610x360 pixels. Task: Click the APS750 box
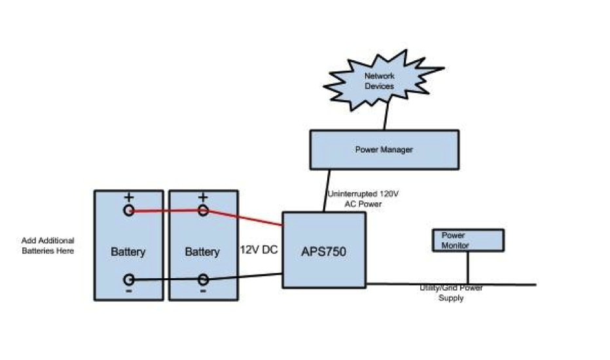point(324,250)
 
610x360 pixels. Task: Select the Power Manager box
point(384,150)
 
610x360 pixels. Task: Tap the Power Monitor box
point(468,240)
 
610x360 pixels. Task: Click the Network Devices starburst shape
point(383,81)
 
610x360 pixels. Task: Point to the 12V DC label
point(259,250)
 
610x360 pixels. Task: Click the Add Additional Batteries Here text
point(48,245)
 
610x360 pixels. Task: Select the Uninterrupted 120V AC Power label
point(363,199)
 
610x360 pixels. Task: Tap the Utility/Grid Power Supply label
point(451,293)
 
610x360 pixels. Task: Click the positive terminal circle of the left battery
point(129,211)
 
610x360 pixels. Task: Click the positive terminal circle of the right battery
point(203,211)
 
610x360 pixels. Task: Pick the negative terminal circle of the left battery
point(129,279)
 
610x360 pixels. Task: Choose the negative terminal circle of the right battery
point(203,279)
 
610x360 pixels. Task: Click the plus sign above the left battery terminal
point(129,197)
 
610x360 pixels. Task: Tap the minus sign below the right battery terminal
point(203,291)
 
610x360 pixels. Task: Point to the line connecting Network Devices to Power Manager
point(386,114)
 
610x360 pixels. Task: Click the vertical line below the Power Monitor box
point(467,268)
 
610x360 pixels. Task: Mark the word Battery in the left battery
point(128,252)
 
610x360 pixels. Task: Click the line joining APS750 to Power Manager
point(327,190)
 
